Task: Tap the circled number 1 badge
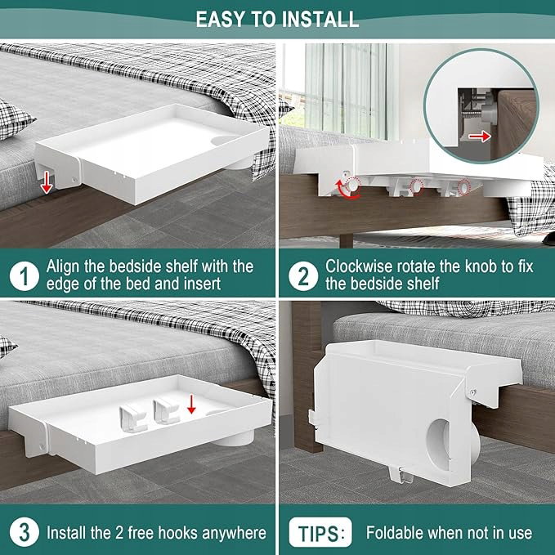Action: (25, 276)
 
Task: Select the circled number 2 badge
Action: (303, 276)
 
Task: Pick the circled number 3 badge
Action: (25, 532)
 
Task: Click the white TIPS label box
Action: (320, 532)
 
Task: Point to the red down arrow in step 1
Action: (47, 183)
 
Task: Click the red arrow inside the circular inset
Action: (480, 137)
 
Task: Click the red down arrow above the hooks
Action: (191, 405)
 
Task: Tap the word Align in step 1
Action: (62, 267)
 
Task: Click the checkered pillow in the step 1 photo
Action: (15, 119)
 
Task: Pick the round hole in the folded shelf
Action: (440, 445)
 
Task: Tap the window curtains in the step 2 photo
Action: (349, 91)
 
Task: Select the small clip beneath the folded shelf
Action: (401, 475)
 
